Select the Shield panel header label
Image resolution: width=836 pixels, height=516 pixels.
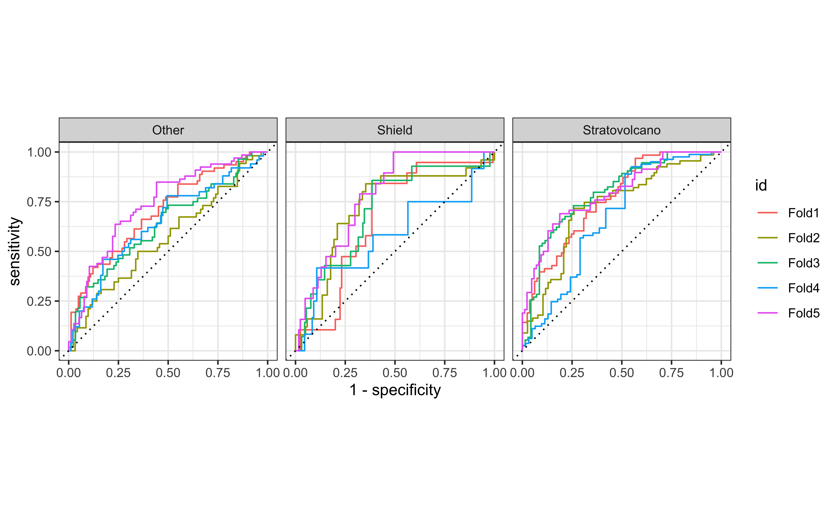click(x=395, y=130)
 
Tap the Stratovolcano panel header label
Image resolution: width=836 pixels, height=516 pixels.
click(x=621, y=130)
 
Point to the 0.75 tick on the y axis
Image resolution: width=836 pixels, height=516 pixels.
click(x=39, y=202)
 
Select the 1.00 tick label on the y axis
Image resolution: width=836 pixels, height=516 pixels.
click(x=39, y=152)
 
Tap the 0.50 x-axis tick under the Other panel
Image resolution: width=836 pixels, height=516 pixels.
click(x=168, y=373)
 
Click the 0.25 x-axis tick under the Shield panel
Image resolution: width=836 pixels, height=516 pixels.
click(x=345, y=373)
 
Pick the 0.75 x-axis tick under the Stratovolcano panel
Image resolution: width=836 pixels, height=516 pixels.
click(x=671, y=373)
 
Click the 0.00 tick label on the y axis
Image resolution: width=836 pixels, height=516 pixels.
click(x=39, y=351)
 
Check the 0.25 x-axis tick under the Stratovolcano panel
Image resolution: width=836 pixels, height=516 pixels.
click(x=572, y=373)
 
